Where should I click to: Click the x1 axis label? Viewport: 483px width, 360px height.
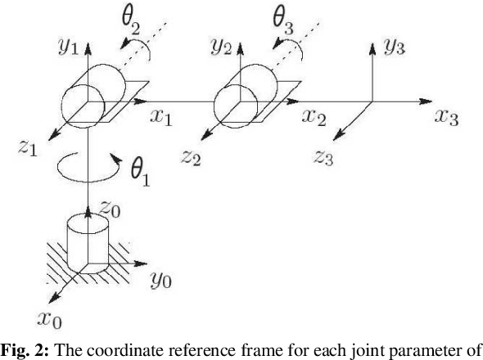coord(160,116)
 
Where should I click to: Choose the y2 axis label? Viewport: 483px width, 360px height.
coord(220,47)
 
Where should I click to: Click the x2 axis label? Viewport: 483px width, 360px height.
coord(314,116)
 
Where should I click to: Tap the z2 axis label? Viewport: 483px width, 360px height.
coord(193,157)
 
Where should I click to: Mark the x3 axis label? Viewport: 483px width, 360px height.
coord(447,118)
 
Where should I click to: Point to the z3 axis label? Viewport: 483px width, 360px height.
coord(324,157)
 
